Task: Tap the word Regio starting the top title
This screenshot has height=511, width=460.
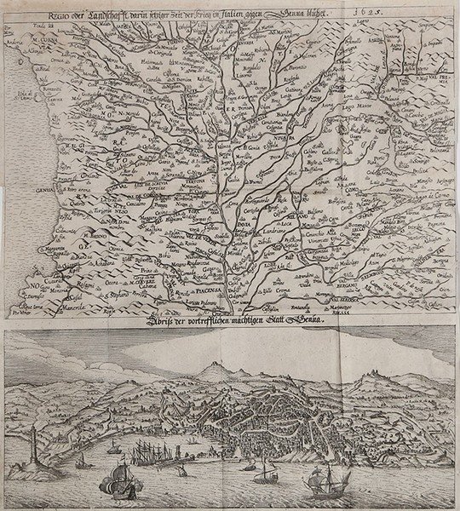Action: pos(39,14)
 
